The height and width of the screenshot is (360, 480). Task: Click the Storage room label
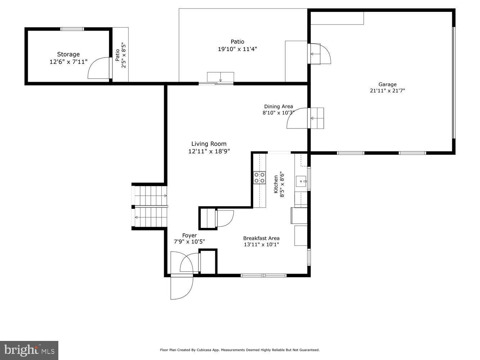(x=68, y=54)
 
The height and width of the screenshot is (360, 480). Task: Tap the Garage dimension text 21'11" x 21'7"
(x=387, y=91)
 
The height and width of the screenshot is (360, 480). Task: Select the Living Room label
(x=209, y=144)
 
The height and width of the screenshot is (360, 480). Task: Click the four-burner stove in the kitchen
(x=260, y=177)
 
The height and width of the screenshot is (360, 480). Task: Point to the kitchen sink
(x=301, y=181)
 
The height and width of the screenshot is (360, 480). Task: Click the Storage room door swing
(x=99, y=68)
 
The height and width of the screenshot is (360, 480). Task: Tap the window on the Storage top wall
(x=72, y=29)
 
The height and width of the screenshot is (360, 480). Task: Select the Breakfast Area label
(x=261, y=238)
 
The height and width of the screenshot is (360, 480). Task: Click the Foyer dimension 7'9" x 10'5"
(x=189, y=242)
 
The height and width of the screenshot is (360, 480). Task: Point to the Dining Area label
(x=278, y=106)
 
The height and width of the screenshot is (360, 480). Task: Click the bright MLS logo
(x=29, y=350)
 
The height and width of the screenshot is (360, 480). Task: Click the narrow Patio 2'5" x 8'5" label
(x=120, y=56)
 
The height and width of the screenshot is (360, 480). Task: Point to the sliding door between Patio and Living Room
(x=216, y=84)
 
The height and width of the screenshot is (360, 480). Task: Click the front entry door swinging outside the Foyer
(x=182, y=287)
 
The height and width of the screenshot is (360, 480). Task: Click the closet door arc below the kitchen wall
(x=224, y=219)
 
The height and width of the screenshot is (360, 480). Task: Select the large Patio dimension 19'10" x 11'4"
(x=237, y=49)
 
